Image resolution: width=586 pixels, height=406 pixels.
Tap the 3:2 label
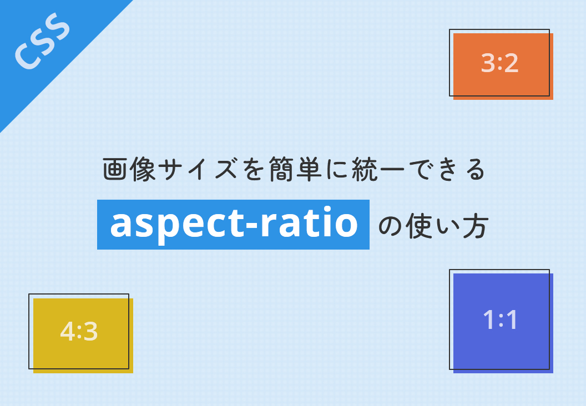click(x=499, y=64)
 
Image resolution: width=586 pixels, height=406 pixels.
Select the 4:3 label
click(x=79, y=332)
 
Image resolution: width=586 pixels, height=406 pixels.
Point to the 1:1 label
click(x=500, y=320)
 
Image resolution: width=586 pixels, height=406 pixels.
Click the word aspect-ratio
click(x=234, y=225)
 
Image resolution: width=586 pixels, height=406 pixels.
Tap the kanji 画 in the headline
click(x=115, y=170)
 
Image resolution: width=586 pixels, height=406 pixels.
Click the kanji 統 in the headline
click(x=365, y=170)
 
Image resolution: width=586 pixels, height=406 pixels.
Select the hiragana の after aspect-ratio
click(x=392, y=226)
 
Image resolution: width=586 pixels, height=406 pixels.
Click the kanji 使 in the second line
click(x=420, y=226)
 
